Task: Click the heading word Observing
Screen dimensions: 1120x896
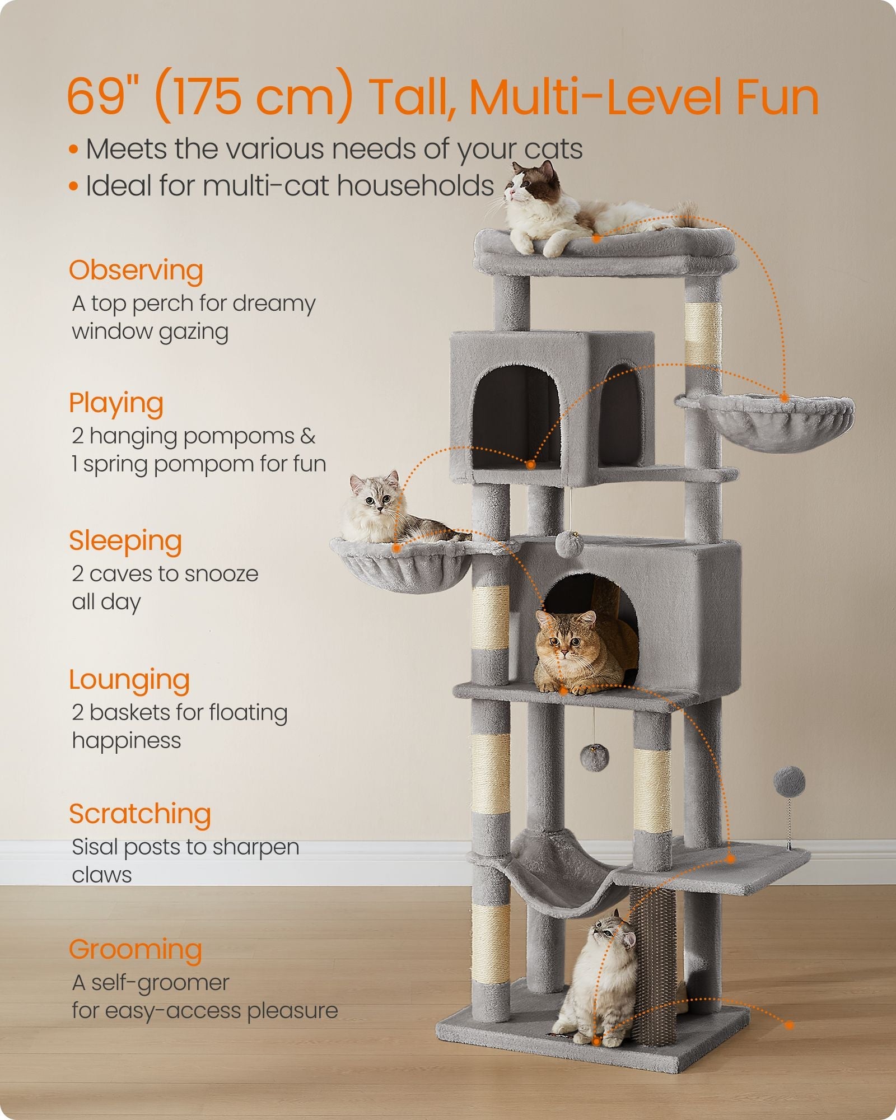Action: (x=136, y=270)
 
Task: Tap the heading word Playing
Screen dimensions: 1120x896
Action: (x=116, y=403)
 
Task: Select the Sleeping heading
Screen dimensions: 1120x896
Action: (x=125, y=542)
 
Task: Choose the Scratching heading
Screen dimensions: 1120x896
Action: (x=139, y=814)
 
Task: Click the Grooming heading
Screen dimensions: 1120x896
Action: (x=135, y=950)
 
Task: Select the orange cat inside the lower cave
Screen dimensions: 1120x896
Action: (x=577, y=652)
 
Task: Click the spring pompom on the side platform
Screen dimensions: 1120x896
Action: (x=789, y=782)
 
